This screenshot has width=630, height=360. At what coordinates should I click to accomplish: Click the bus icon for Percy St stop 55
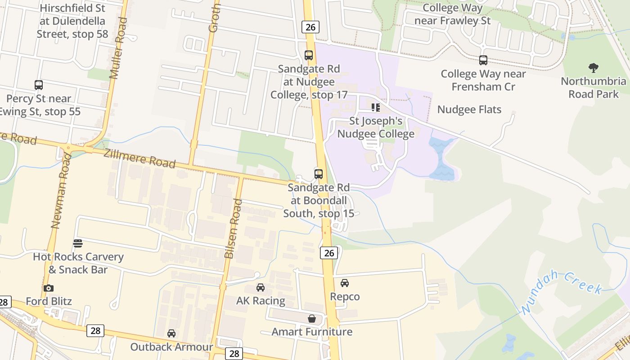point(39,85)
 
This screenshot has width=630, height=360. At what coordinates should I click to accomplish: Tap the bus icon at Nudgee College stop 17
point(309,55)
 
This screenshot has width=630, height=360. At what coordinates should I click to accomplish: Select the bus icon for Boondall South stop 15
point(319,174)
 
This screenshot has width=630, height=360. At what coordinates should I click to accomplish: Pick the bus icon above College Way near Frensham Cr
point(483,60)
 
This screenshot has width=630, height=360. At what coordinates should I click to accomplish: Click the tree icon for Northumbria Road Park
point(594,68)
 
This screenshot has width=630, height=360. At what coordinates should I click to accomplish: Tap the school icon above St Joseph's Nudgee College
point(376,108)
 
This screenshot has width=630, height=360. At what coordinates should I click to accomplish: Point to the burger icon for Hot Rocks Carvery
point(78,243)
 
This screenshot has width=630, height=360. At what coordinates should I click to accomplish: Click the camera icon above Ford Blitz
point(49,288)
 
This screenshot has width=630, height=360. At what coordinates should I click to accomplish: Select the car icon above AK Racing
point(261,288)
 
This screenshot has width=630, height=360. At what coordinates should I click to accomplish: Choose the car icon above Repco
point(345,283)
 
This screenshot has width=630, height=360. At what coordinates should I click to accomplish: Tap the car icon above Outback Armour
point(171,333)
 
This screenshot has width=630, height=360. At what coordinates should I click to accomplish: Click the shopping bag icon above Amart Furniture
point(312,319)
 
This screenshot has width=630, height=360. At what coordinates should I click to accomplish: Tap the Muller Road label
point(117,49)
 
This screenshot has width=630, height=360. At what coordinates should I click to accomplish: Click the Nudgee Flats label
point(469,109)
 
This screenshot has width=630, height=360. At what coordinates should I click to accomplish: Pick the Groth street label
point(215,18)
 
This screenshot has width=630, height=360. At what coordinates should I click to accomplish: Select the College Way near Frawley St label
point(453,14)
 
